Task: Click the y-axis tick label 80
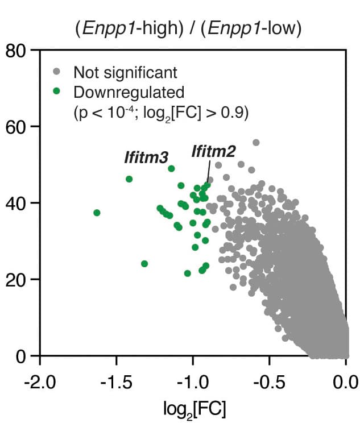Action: point(18,51)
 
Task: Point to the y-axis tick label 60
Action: point(18,127)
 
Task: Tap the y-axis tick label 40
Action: point(18,203)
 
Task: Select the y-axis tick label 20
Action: point(18,279)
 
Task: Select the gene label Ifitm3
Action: point(146,157)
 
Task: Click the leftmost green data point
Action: point(97,213)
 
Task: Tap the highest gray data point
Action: point(256,142)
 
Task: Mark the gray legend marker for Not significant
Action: point(56,72)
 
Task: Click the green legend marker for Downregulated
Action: point(56,90)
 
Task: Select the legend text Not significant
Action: point(125,73)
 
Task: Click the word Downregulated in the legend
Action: point(129,91)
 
